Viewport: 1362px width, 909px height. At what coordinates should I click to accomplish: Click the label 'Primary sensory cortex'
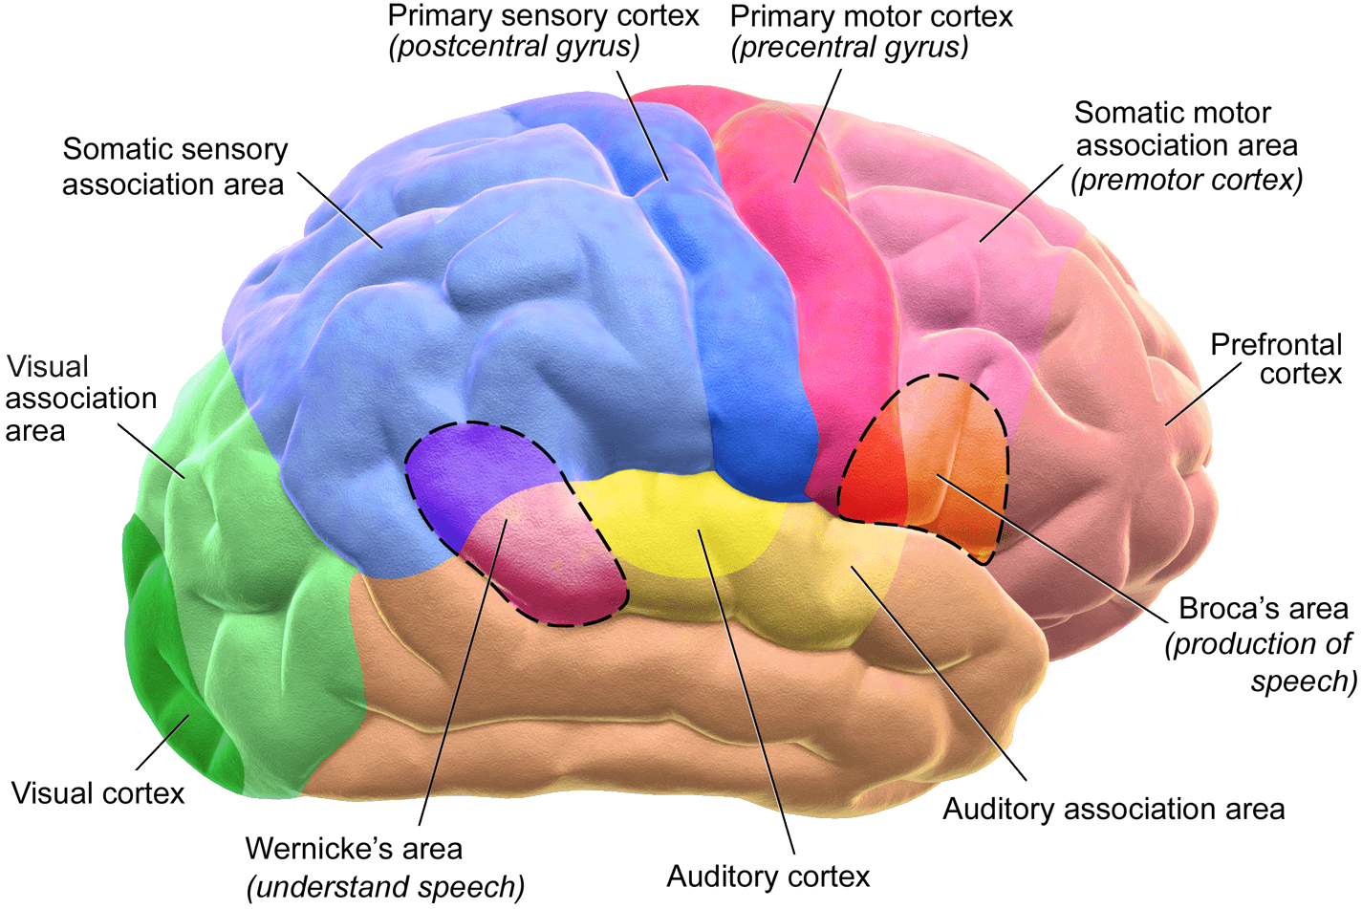pyautogui.click(x=543, y=16)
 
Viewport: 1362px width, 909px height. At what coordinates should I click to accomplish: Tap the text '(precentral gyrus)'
pyautogui.click(x=849, y=47)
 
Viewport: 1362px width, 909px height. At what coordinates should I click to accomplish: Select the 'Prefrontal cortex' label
pyautogui.click(x=1275, y=358)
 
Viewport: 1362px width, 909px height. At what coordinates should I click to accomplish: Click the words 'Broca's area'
pyautogui.click(x=1263, y=609)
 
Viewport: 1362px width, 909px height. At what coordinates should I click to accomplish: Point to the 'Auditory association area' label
pyautogui.click(x=1113, y=810)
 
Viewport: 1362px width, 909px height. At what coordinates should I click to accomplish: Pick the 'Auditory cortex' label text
pyautogui.click(x=767, y=877)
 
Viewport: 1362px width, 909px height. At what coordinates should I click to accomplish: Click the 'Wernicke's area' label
pyautogui.click(x=354, y=849)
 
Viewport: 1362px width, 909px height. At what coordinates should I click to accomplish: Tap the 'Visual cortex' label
pyautogui.click(x=97, y=793)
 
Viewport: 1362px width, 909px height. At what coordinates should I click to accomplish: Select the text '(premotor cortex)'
pyautogui.click(x=1186, y=180)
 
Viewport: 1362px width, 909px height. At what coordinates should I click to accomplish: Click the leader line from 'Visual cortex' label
pyautogui.click(x=162, y=742)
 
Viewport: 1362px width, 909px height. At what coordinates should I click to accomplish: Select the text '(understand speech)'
pyautogui.click(x=385, y=887)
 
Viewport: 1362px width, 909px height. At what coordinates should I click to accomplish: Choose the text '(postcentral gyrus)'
pyautogui.click(x=513, y=47)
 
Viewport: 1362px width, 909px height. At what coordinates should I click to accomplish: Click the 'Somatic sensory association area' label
pyautogui.click(x=174, y=166)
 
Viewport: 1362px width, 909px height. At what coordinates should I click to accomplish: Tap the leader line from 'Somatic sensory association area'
pyautogui.click(x=340, y=210)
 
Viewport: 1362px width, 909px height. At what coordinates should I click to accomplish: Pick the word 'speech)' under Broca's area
pyautogui.click(x=1303, y=682)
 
